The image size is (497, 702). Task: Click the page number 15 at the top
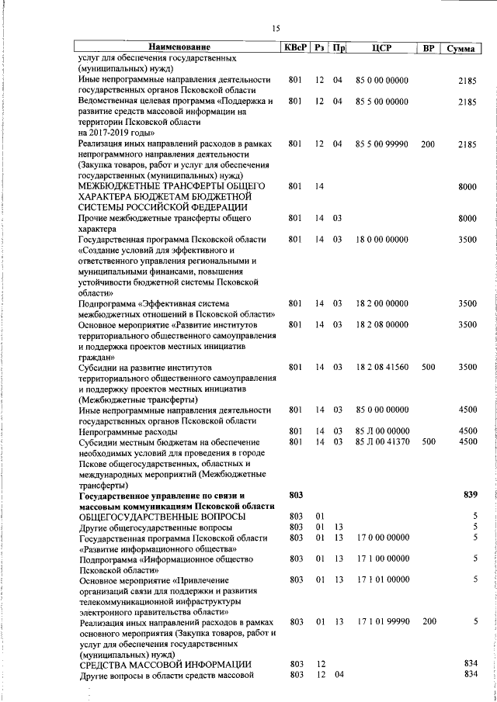point(275,29)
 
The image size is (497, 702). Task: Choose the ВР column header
point(428,48)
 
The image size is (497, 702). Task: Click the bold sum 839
point(469,494)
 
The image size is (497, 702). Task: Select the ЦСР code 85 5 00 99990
point(381,144)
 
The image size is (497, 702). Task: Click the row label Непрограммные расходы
point(128,431)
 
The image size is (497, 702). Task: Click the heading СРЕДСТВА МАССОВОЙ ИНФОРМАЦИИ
point(165,664)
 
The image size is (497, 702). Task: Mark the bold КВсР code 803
point(295,494)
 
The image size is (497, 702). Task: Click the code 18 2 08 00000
point(381,324)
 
